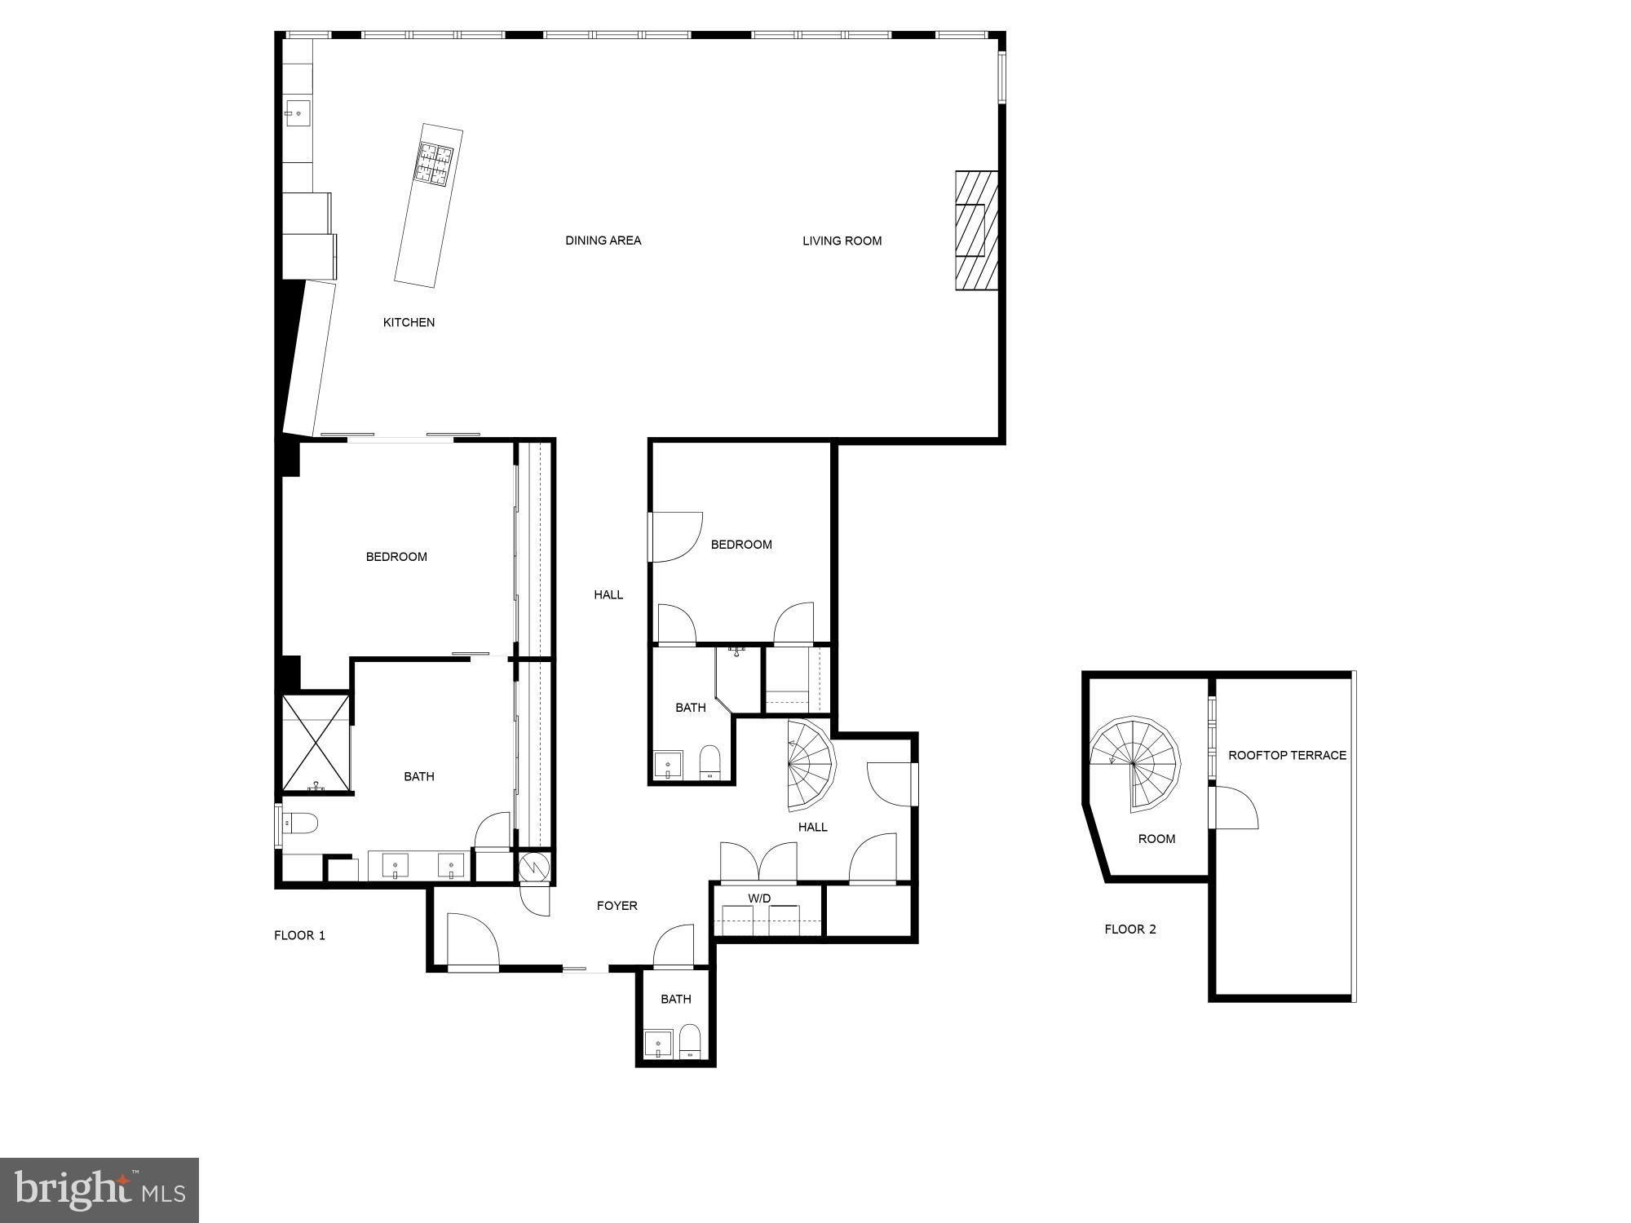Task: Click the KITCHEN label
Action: [x=409, y=323]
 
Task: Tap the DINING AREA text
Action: [x=603, y=241]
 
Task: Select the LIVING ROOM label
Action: [x=842, y=241]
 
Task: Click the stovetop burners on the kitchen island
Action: [x=435, y=161]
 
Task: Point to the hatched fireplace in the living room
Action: [x=976, y=230]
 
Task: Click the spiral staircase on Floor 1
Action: [x=810, y=766]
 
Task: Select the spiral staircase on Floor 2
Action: [x=1134, y=765]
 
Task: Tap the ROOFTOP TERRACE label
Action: [x=1287, y=756]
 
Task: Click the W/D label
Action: [x=759, y=898]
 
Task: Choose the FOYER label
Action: [x=617, y=906]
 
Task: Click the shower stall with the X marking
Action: [x=316, y=743]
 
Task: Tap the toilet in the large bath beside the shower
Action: [x=300, y=824]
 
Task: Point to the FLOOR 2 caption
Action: [x=1129, y=929]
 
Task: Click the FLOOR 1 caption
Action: [x=299, y=935]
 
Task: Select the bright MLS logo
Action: [x=99, y=1190]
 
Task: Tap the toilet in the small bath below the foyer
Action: [x=690, y=1042]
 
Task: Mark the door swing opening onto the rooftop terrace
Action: [x=1235, y=808]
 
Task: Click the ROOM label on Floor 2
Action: [x=1156, y=839]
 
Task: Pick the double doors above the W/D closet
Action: [x=758, y=863]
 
